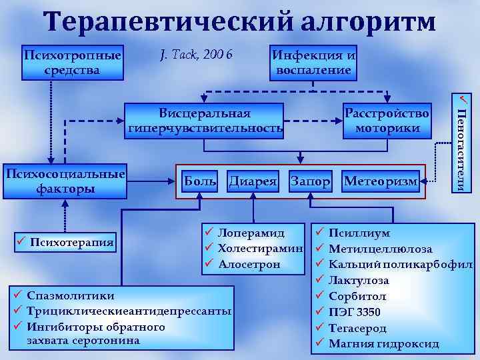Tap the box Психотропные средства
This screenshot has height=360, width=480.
(72, 62)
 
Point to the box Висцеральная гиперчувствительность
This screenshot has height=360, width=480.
(205, 120)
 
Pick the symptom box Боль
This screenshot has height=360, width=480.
(200, 181)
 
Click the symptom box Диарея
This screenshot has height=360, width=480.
(253, 181)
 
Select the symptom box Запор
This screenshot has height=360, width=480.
(310, 181)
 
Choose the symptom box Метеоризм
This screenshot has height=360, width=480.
(381, 181)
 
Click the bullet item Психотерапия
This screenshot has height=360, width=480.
(71, 240)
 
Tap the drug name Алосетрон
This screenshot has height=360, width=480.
(252, 264)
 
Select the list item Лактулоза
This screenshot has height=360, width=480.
(359, 281)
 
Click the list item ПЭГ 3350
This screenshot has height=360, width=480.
(355, 312)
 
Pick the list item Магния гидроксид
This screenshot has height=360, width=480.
(384, 344)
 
